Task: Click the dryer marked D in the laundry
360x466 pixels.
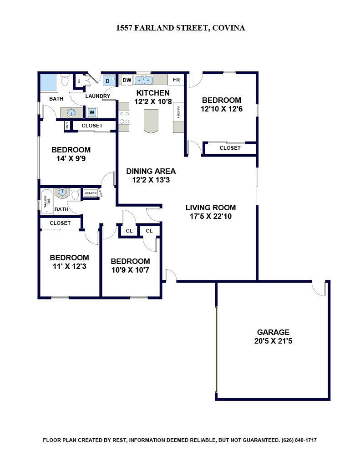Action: [x=108, y=81]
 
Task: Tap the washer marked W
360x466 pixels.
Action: [x=91, y=112]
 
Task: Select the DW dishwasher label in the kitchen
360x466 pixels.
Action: [x=127, y=80]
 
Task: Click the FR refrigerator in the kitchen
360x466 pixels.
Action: [x=176, y=80]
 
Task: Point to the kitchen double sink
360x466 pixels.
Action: [x=143, y=80]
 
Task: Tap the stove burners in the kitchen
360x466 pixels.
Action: [x=124, y=117]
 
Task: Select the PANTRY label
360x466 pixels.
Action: [x=178, y=112]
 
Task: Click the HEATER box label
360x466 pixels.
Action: [x=91, y=193]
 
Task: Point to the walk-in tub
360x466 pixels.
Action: [x=46, y=202]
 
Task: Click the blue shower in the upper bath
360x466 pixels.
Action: [x=48, y=83]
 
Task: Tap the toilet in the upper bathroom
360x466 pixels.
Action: [x=65, y=80]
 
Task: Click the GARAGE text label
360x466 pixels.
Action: [x=273, y=332]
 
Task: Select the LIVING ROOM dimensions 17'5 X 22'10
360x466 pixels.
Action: [x=211, y=216]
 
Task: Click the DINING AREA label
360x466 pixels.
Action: [x=151, y=171]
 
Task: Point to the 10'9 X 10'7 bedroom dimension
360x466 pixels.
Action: [x=130, y=270]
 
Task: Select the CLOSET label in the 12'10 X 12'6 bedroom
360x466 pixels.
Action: [x=230, y=148]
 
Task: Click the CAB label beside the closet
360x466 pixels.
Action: [x=67, y=126]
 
